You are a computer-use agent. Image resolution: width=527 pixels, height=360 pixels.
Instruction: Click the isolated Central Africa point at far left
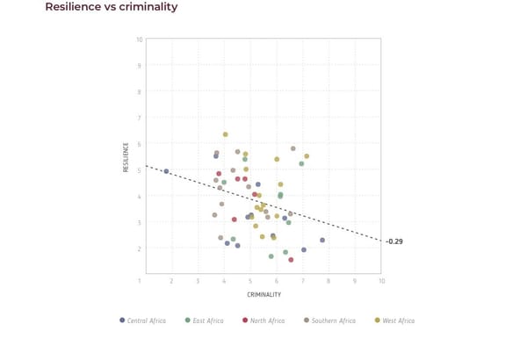click(x=166, y=171)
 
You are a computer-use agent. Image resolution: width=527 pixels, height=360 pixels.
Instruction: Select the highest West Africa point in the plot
click(x=226, y=134)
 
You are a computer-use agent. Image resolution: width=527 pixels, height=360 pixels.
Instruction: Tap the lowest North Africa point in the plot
click(x=291, y=260)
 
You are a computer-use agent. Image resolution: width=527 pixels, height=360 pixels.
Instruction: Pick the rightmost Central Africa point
click(x=322, y=240)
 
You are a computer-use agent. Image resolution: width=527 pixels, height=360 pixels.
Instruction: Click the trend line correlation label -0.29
click(x=394, y=241)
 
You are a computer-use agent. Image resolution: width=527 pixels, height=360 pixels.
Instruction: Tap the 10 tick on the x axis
click(x=381, y=281)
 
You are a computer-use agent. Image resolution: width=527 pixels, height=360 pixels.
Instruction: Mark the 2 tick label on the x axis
click(x=171, y=281)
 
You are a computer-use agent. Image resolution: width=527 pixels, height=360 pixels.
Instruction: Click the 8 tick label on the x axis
click(x=328, y=281)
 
